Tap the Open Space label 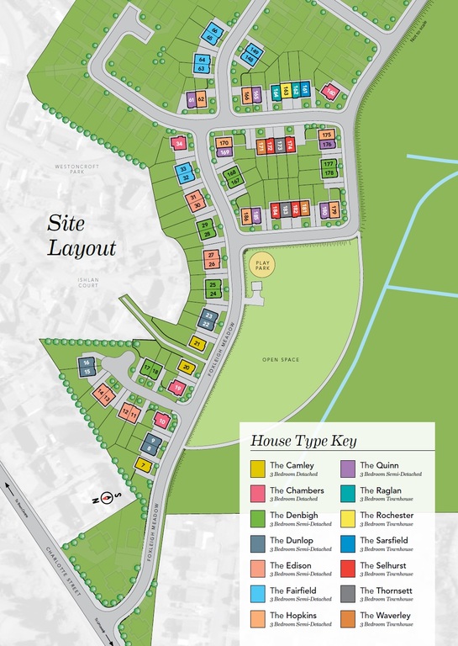[281, 360]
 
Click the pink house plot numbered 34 [178, 144]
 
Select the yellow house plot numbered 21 [197, 343]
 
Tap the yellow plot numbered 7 [145, 465]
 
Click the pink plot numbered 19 [176, 388]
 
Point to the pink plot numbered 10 [162, 421]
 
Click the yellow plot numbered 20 [187, 367]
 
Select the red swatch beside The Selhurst [348, 569]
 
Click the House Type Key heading [303, 441]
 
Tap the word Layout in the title [82, 248]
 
